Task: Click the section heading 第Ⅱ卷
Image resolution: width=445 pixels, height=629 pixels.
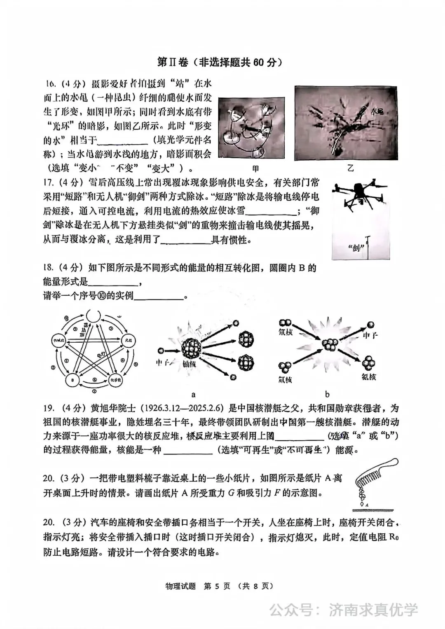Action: tap(173, 62)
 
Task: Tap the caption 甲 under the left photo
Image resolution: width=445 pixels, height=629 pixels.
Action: tap(256, 168)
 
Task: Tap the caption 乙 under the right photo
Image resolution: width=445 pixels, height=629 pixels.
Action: tap(351, 168)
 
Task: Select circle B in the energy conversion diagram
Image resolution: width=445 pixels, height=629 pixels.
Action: tap(73, 380)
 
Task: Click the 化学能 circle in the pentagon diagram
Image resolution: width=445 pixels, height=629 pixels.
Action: tap(115, 380)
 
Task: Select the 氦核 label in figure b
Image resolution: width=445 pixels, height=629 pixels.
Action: tap(369, 376)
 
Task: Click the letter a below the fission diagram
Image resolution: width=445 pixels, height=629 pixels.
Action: tap(194, 394)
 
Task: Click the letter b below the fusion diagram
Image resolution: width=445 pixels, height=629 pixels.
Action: tap(327, 394)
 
